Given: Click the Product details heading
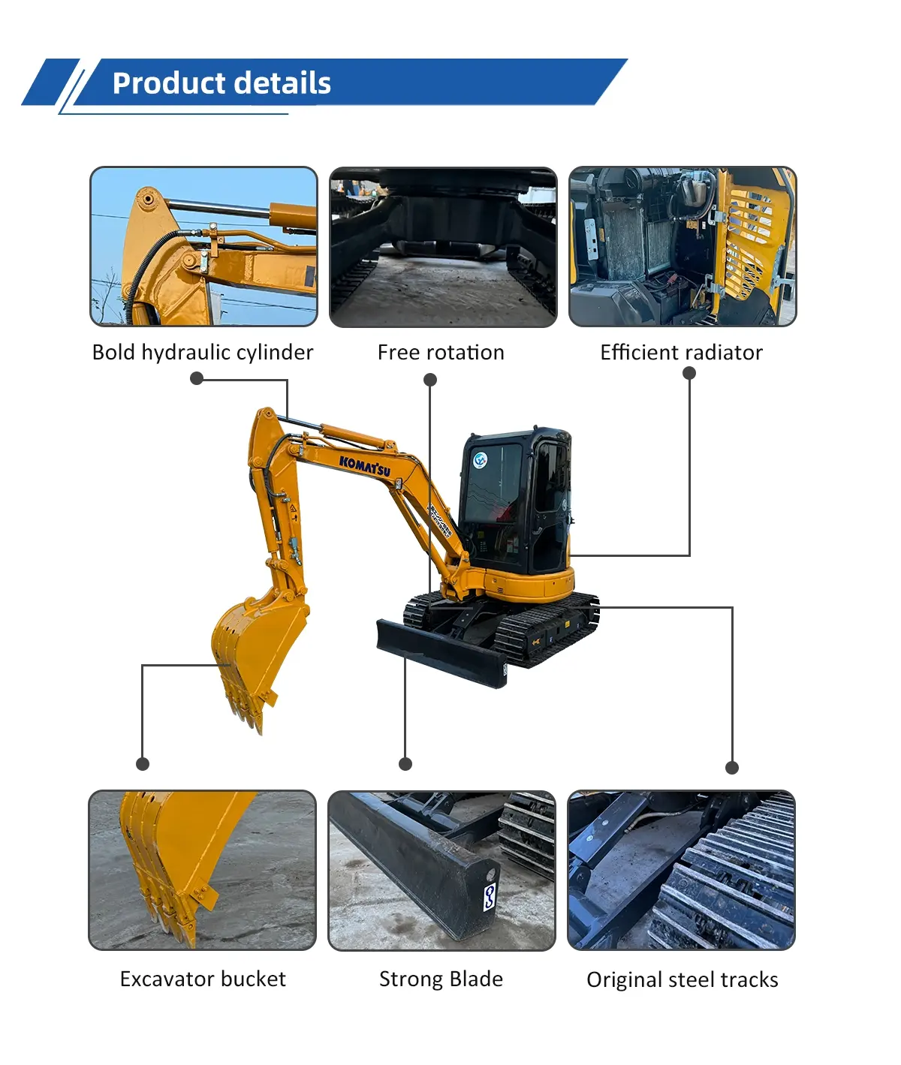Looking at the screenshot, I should [x=221, y=83].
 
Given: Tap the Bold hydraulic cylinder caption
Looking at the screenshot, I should [x=203, y=352].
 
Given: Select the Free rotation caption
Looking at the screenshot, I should [x=441, y=352].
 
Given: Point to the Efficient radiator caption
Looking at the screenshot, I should [x=681, y=352].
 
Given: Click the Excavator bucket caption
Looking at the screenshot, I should [x=203, y=979].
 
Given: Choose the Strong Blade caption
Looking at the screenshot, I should [x=441, y=979].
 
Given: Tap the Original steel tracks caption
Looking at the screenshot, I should [x=682, y=979].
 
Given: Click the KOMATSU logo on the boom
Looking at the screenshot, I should [x=365, y=465].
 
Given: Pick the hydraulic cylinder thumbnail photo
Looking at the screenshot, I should [x=203, y=246].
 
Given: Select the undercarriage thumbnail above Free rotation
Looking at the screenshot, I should [x=443, y=247].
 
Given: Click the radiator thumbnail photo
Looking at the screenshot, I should [x=682, y=246].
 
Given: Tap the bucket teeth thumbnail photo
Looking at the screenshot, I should [x=203, y=870].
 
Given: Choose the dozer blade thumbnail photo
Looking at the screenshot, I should [x=441, y=870].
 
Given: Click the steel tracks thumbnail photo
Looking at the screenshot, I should [x=681, y=870].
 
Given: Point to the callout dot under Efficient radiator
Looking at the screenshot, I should [x=689, y=373].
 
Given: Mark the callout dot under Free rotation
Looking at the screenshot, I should [x=430, y=380].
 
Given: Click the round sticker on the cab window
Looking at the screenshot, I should [x=481, y=459].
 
